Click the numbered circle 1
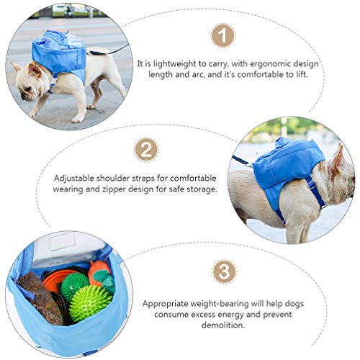[225, 35]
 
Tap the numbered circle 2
[146, 150]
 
